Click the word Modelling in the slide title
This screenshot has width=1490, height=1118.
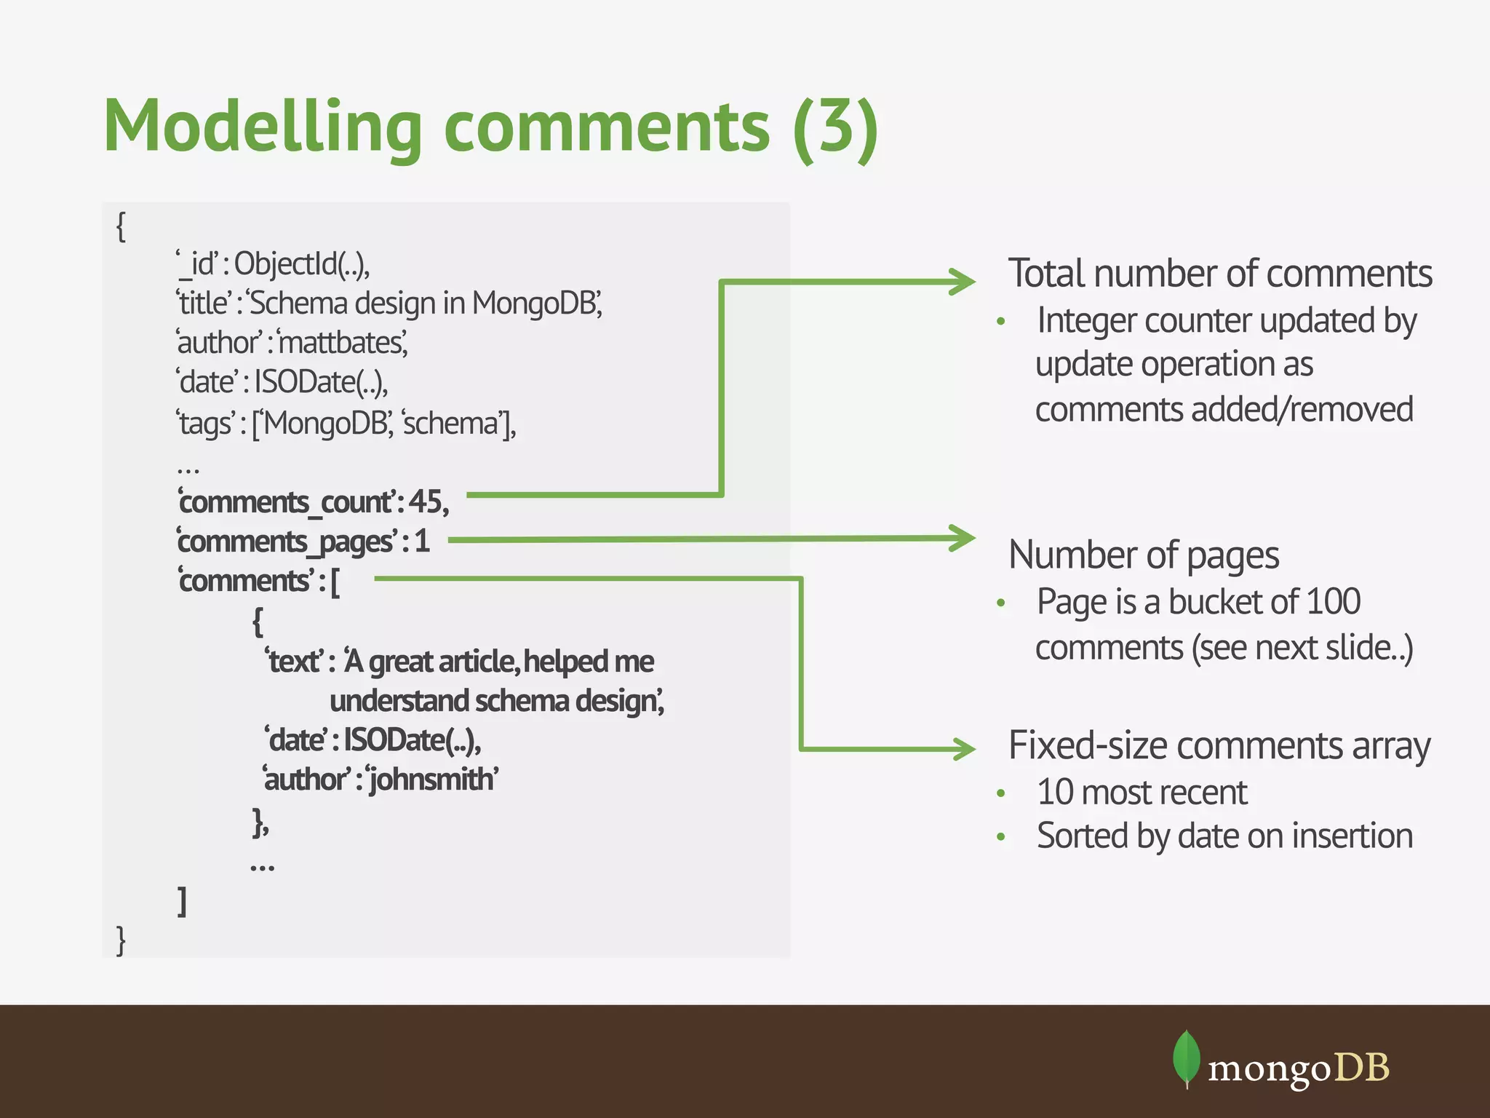click(263, 127)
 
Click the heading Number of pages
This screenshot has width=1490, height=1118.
click(1143, 555)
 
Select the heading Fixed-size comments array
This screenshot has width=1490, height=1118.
click(1219, 746)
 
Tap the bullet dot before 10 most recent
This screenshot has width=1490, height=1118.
click(1001, 793)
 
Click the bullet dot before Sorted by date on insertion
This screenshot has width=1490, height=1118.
click(1001, 837)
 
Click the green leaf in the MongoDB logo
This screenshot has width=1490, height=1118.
click(1186, 1058)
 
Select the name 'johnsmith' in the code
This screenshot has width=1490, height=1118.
click(433, 780)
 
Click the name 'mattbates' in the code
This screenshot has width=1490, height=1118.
click(342, 342)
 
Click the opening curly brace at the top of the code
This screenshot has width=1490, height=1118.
click(121, 226)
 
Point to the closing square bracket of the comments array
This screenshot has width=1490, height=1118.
click(183, 901)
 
